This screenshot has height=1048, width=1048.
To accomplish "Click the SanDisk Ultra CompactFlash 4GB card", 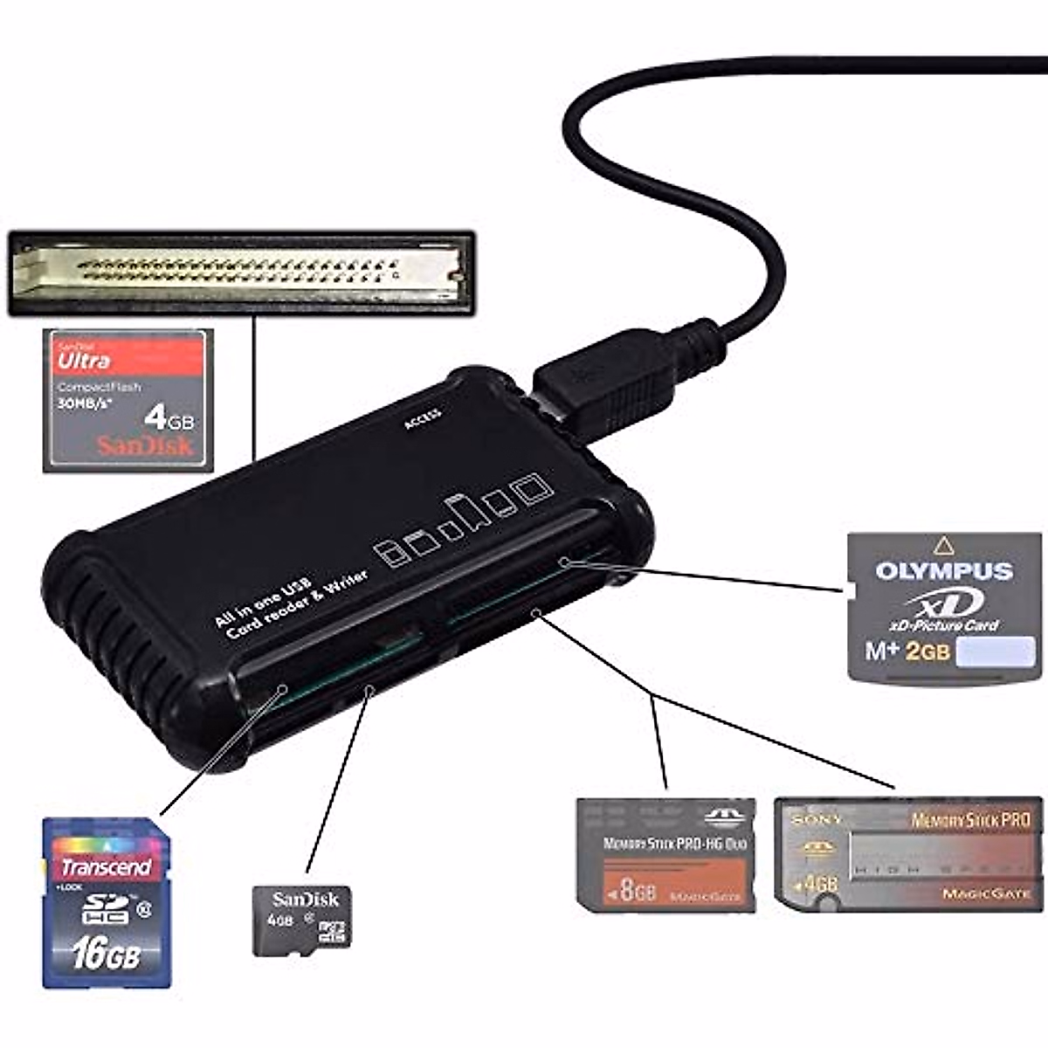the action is (128, 401).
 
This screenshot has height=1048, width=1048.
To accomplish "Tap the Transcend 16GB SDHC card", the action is (107, 902).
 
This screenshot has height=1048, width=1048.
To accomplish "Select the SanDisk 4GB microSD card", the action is (301, 920).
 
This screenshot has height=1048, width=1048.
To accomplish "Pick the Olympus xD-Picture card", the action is (945, 607).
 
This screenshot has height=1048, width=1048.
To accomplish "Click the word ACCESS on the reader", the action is (424, 420).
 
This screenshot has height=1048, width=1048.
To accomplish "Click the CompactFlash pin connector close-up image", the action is (241, 272).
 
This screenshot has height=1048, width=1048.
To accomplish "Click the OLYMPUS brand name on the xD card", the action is (944, 571).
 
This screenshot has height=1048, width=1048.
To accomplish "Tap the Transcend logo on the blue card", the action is (106, 866).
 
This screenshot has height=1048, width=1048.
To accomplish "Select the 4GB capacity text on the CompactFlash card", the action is (169, 418).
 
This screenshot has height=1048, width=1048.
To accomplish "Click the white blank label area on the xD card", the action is (996, 652).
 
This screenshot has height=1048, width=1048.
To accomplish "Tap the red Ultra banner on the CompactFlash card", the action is (128, 358).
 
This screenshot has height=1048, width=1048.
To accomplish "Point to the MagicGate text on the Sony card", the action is (986, 893).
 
